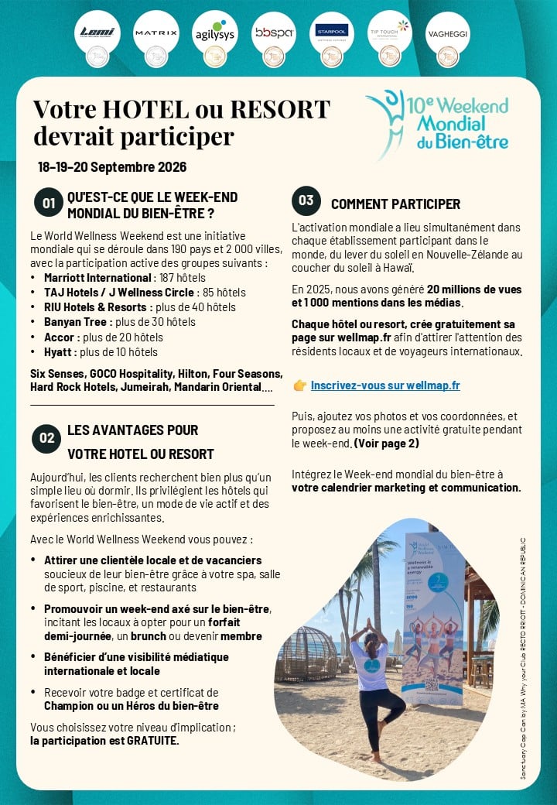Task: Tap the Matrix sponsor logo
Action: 155,33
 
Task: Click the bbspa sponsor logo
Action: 273,33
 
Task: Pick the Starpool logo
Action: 331,33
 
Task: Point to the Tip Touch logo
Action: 389,33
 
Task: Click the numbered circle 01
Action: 48,204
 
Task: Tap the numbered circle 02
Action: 47,438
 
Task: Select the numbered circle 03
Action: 306,201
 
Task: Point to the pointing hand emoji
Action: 300,385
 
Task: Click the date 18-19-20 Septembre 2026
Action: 112,167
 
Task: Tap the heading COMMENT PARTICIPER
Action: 395,204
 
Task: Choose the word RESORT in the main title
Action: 279,109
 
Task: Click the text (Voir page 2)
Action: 386,444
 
